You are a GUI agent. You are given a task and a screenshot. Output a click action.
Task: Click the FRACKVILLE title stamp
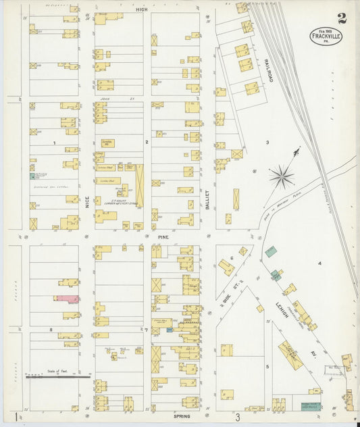pos(326,36)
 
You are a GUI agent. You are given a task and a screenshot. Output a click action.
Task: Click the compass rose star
pos(281,177)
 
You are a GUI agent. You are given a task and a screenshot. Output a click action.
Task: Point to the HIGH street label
pos(141,10)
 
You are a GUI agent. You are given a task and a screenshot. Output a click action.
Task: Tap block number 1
pos(53,143)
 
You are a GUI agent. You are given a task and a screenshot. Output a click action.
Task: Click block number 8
pos(51,329)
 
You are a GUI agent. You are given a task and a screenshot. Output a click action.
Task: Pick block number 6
pos(231,258)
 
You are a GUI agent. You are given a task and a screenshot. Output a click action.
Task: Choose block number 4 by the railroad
pos(319,262)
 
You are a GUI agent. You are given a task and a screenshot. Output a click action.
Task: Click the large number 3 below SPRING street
pos(238,418)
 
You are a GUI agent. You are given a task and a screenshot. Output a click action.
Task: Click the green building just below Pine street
pos(270,251)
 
